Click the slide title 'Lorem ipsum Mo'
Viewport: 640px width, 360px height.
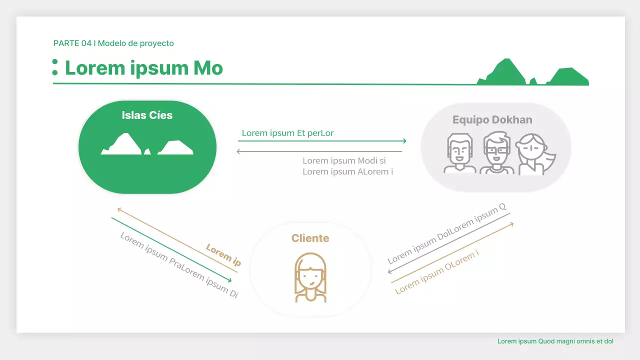click(144, 68)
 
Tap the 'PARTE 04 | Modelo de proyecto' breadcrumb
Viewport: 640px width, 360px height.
click(113, 43)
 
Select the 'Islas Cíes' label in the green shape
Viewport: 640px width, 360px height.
click(147, 115)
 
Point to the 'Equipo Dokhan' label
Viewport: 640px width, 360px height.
click(492, 120)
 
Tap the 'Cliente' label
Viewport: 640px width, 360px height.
click(310, 238)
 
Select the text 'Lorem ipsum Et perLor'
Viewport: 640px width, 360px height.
click(287, 133)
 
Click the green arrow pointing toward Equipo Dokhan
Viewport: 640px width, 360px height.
click(322, 141)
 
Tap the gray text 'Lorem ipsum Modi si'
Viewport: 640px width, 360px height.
click(344, 161)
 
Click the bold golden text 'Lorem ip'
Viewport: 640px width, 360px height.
click(223, 255)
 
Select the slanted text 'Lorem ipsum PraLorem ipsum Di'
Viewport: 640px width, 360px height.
click(179, 265)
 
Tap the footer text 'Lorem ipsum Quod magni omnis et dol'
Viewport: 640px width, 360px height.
click(555, 341)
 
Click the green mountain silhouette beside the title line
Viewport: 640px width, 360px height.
click(532, 73)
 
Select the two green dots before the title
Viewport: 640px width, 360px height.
click(55, 67)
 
